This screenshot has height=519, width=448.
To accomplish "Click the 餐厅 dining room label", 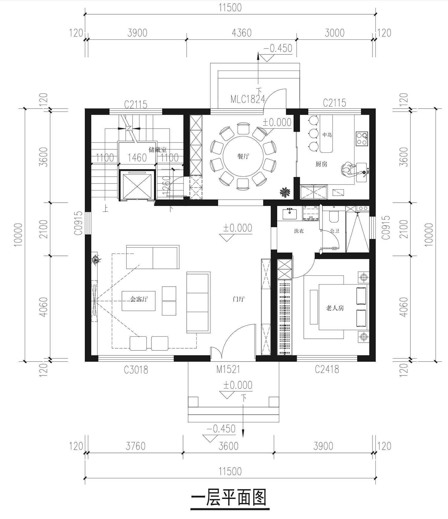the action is click(x=243, y=156).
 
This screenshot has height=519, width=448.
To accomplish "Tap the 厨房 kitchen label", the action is click(x=321, y=164).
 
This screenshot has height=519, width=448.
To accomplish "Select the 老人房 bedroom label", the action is click(x=335, y=308).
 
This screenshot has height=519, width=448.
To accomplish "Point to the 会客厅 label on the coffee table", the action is click(x=139, y=299).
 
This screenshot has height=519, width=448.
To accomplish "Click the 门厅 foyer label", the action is click(x=239, y=299).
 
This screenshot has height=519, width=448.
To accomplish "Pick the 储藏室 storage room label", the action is click(x=157, y=149).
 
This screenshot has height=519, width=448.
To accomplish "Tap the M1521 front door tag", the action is click(x=228, y=370).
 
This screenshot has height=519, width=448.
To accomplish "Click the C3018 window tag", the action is click(x=136, y=370).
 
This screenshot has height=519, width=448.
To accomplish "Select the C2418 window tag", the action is click(x=327, y=370).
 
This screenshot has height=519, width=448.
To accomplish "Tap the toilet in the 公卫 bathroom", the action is click(x=333, y=216).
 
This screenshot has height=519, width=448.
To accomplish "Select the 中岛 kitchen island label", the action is click(x=327, y=135).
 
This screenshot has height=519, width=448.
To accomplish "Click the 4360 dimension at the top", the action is click(x=242, y=33).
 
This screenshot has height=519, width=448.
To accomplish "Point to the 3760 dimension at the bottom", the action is click(x=136, y=446).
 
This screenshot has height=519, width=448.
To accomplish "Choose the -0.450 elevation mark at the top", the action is click(x=278, y=48).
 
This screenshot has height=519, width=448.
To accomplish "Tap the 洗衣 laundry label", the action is click(x=299, y=231).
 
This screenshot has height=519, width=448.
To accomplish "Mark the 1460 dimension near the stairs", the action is click(x=137, y=158).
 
